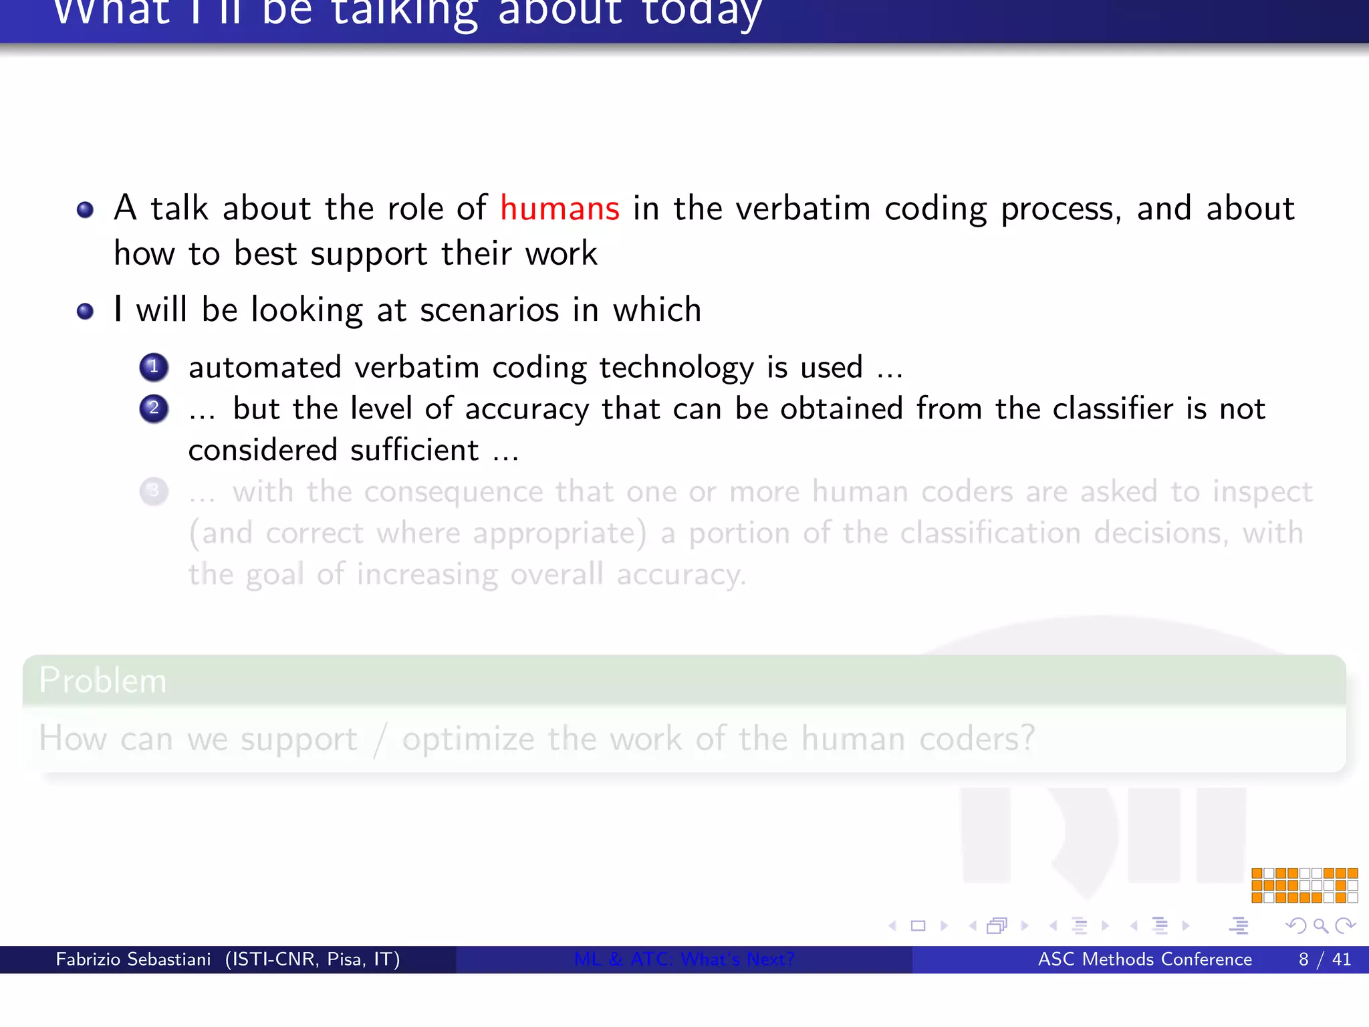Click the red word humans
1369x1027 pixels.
(559, 209)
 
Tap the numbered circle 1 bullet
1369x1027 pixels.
(154, 367)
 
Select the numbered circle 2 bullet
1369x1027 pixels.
(154, 409)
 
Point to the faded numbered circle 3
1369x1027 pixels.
(154, 491)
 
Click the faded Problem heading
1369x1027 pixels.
(102, 681)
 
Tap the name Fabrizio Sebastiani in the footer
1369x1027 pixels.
(133, 959)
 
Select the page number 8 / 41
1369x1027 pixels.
(1324, 959)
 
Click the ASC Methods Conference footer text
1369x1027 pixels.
(1144, 959)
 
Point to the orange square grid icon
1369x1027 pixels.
(1304, 885)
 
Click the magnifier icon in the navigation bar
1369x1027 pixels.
(1320, 926)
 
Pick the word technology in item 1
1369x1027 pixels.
(676, 368)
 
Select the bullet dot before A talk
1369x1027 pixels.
(85, 211)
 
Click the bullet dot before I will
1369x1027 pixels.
(85, 312)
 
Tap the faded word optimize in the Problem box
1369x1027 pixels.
(468, 739)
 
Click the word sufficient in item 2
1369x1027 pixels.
(414, 450)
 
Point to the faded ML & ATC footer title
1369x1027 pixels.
(684, 959)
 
